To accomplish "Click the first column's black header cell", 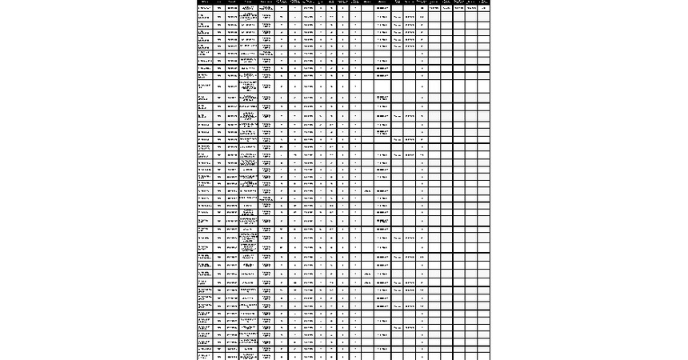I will tap(205, 2).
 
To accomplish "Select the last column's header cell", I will tap(483, 2).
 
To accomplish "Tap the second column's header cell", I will tap(218, 2).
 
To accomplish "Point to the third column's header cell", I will tap(232, 2).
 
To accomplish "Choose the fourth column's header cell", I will tap(248, 2).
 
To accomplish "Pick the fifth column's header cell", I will tap(266, 2).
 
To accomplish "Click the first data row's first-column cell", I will tap(205, 8).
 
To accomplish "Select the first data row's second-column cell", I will tap(218, 8).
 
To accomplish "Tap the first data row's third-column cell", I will tap(232, 8).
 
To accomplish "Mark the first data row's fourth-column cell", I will tap(248, 8).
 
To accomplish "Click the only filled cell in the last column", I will tap(483, 8).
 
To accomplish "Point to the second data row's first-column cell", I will tap(205, 16).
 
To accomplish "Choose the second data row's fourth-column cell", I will tap(248, 16).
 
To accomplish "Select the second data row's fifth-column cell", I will tap(266, 16).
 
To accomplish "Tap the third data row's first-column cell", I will tap(205, 26).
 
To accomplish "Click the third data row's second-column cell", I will tap(218, 26).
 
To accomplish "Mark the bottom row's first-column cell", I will tap(205, 356).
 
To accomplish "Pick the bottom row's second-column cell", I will tap(218, 356).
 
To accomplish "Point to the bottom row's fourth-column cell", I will tap(248, 356).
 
